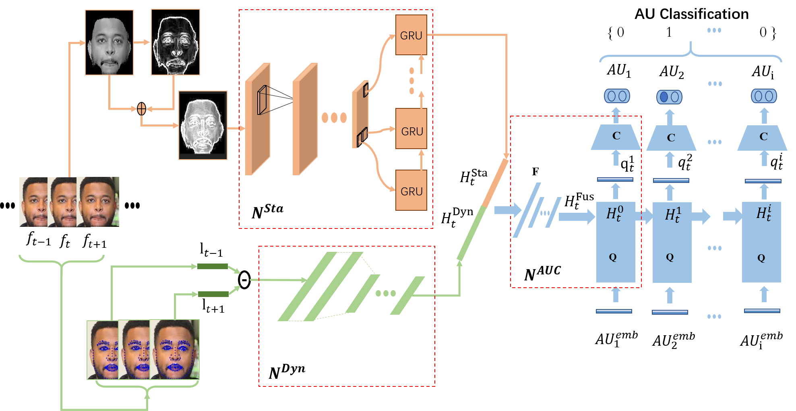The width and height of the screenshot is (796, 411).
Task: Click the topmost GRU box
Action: click(x=411, y=35)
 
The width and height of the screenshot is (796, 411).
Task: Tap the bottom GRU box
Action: click(x=411, y=191)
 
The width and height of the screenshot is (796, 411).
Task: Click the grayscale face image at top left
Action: click(x=109, y=43)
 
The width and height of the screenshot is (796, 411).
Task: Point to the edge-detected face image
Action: click(x=176, y=42)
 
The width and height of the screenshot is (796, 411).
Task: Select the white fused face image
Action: click(x=203, y=125)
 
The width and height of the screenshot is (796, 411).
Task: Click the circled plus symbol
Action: click(x=141, y=109)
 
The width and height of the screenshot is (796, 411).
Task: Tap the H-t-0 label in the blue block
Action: click(x=615, y=213)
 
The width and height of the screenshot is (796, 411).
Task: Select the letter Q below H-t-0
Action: click(x=613, y=257)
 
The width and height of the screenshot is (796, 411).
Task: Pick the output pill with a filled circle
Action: click(x=669, y=97)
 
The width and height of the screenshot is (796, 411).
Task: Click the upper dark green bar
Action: click(x=213, y=266)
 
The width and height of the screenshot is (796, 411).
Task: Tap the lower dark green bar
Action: click(x=213, y=295)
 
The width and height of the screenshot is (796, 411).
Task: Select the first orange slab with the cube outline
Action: click(x=258, y=119)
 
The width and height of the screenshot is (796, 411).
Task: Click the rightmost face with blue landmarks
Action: click(x=175, y=349)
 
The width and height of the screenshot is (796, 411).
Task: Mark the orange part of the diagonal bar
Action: click(x=496, y=183)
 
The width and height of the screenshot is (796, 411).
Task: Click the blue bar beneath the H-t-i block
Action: click(x=762, y=311)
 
